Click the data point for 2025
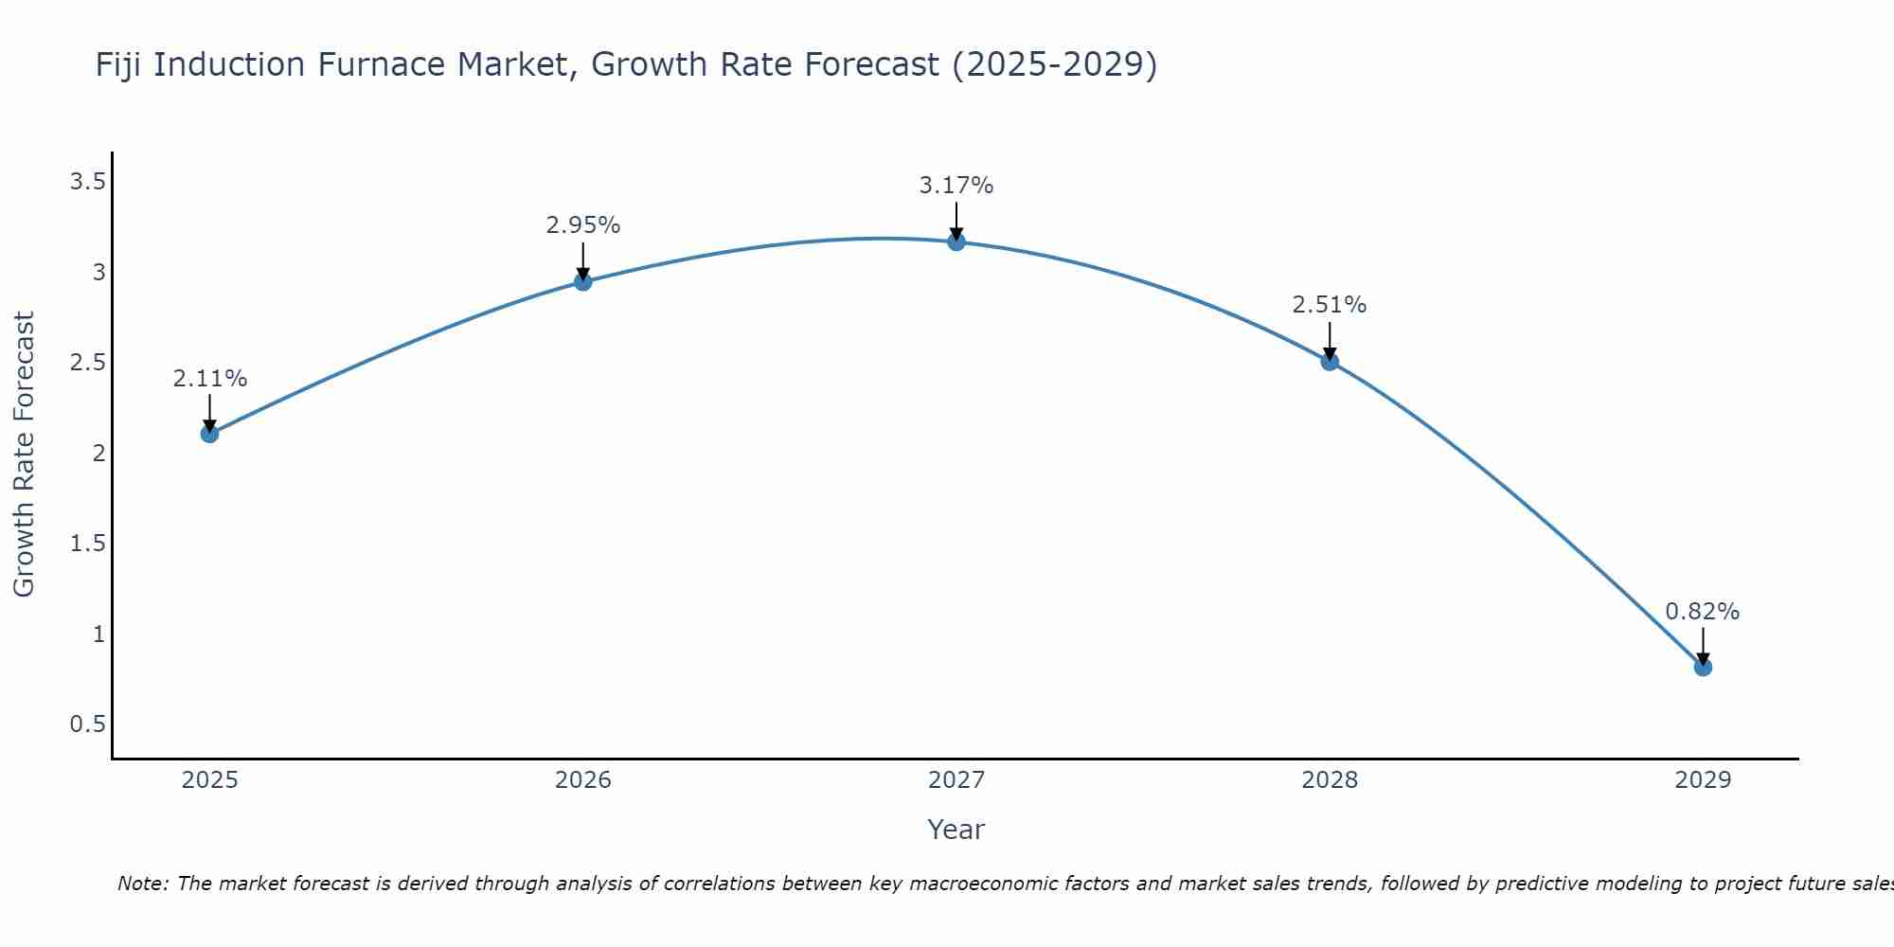[209, 434]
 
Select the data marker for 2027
[956, 241]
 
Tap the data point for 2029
[1703, 668]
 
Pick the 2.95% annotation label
[582, 225]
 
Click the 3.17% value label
[956, 186]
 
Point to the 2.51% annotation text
[1330, 305]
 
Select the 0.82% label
[1703, 612]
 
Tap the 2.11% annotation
[209, 379]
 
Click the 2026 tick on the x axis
[582, 780]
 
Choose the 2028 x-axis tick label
[1330, 780]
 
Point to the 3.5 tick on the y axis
[87, 182]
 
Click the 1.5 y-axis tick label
[87, 544]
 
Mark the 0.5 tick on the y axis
[87, 724]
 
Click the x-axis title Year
[956, 830]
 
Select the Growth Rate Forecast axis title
[25, 455]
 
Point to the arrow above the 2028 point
[1330, 341]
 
